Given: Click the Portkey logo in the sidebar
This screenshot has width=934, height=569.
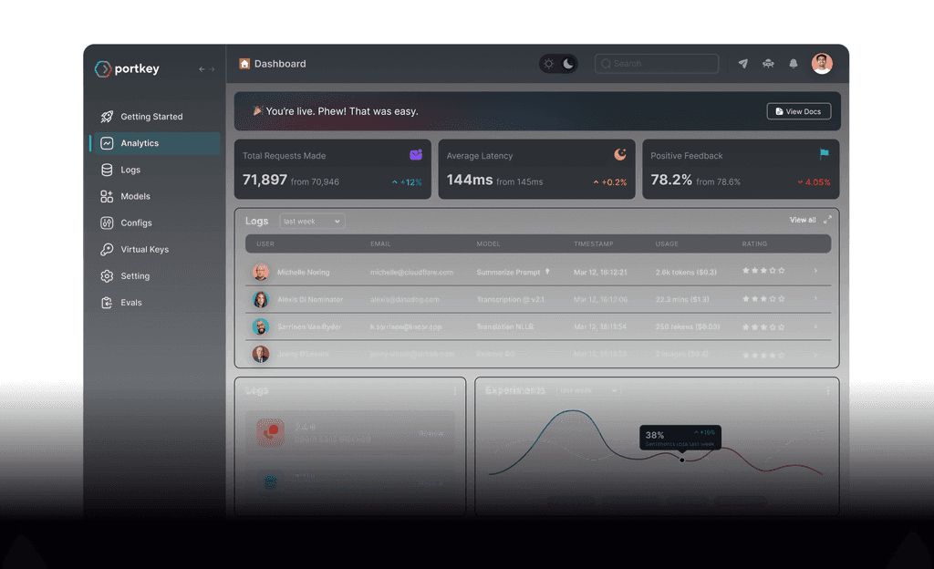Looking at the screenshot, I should (127, 69).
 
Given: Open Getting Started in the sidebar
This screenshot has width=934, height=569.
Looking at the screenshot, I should (151, 117).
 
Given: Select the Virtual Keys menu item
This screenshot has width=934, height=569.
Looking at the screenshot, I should (144, 249).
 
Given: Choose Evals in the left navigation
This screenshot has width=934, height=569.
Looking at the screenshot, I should (131, 303).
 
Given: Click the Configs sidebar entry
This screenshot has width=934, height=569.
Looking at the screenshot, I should (136, 222).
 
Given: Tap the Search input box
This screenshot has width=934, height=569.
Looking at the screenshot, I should (657, 64).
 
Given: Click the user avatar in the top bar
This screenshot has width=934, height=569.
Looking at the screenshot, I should (822, 64).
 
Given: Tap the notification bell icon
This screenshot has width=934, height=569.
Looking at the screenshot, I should (794, 64).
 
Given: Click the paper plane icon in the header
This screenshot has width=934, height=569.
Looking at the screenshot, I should (743, 64).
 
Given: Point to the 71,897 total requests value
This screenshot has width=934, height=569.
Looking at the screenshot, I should (265, 181).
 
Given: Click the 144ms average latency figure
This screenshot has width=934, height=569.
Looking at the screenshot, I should (470, 181).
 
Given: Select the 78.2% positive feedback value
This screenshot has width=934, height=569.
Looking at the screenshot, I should (671, 181).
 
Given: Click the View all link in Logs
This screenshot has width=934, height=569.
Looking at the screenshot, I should (803, 220).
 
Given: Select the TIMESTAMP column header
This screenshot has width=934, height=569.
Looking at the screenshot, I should (593, 244).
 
